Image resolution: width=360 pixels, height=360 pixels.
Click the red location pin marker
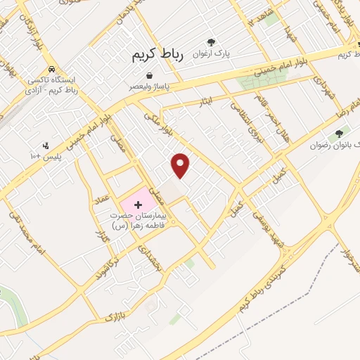(181, 166)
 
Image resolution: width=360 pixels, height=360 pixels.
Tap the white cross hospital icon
(137, 204)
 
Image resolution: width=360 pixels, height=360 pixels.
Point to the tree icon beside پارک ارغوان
(211, 42)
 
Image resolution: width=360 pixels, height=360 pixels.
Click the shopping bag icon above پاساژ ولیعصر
(150, 76)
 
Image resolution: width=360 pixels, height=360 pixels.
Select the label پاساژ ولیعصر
(150, 86)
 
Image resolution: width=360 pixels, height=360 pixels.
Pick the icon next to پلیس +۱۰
(46, 146)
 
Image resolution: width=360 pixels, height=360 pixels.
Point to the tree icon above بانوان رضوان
(340, 133)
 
